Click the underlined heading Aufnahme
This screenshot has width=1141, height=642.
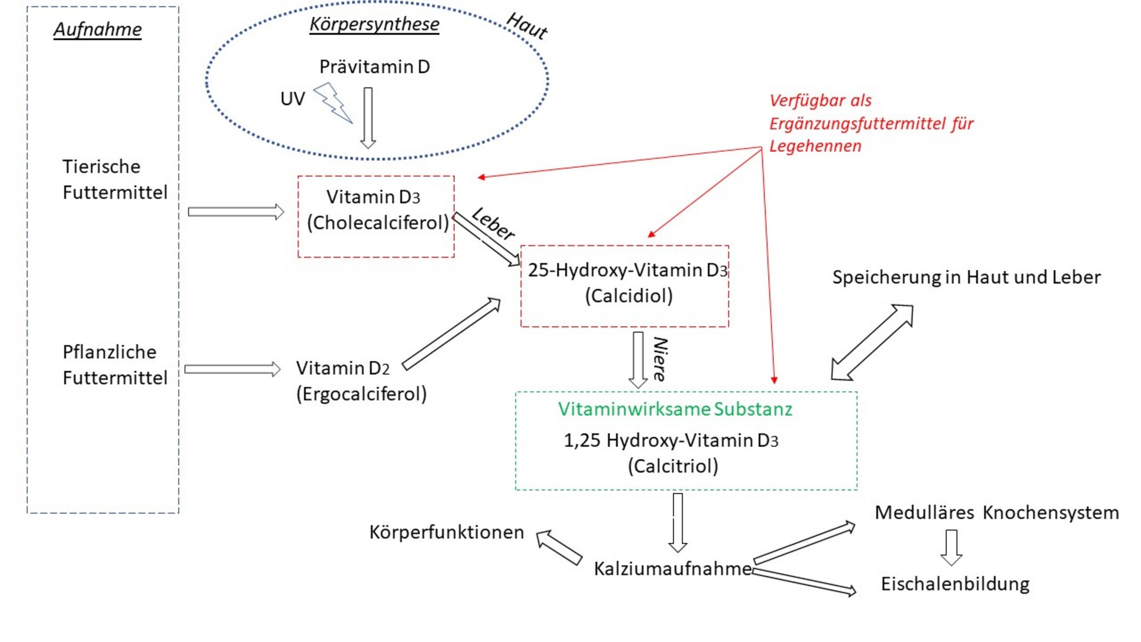(x=97, y=29)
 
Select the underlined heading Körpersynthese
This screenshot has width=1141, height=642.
(x=374, y=24)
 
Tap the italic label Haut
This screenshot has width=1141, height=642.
(x=527, y=26)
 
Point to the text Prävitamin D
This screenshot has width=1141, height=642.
(x=374, y=67)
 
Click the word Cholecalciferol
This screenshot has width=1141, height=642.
(x=378, y=223)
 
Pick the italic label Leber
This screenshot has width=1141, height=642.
(x=493, y=224)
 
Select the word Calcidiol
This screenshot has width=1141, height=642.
(x=629, y=296)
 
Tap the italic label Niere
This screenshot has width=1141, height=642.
(x=660, y=359)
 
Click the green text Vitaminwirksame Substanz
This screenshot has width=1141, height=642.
(x=675, y=409)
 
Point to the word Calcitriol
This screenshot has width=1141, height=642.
(x=673, y=466)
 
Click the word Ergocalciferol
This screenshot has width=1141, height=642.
(x=361, y=394)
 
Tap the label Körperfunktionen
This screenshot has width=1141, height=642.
(x=446, y=532)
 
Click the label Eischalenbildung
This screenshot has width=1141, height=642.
(x=955, y=584)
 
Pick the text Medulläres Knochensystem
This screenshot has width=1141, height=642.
(x=996, y=513)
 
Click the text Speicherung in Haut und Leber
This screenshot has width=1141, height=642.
(x=966, y=277)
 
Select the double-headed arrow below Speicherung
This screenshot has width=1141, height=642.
(x=872, y=342)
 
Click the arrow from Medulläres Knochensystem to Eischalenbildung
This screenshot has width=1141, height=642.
(x=951, y=547)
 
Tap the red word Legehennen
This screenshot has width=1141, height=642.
(x=815, y=146)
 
